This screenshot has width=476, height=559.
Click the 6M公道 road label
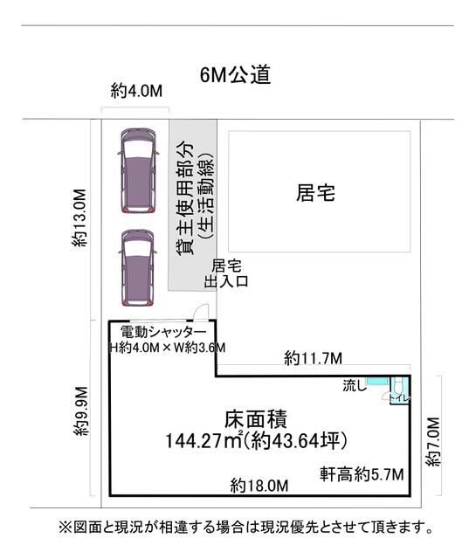coord(235,75)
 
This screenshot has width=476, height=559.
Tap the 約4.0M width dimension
coord(136,91)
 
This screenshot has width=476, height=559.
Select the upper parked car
coord(138,170)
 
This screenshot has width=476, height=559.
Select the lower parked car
coord(138,268)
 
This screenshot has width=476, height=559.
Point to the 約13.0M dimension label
coord(79,217)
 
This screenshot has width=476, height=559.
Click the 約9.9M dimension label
coord(80,411)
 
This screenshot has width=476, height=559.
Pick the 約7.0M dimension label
coord(433,441)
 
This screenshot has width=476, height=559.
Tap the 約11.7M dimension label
coord(313,358)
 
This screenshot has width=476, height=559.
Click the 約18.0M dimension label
coord(259,486)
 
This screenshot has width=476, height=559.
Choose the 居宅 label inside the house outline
coord(316,193)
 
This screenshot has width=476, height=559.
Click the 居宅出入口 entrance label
coord(226,273)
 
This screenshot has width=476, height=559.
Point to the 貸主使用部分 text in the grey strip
coord(186,197)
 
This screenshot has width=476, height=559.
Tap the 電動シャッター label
coord(163,332)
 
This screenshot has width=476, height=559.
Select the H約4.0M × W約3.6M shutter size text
coord(167,348)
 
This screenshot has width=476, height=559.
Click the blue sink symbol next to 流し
coord(378,381)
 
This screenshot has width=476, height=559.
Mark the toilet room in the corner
coord(399,390)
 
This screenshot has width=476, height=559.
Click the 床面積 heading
coord(256,419)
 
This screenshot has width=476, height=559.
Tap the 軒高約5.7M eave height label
coord(362,474)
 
